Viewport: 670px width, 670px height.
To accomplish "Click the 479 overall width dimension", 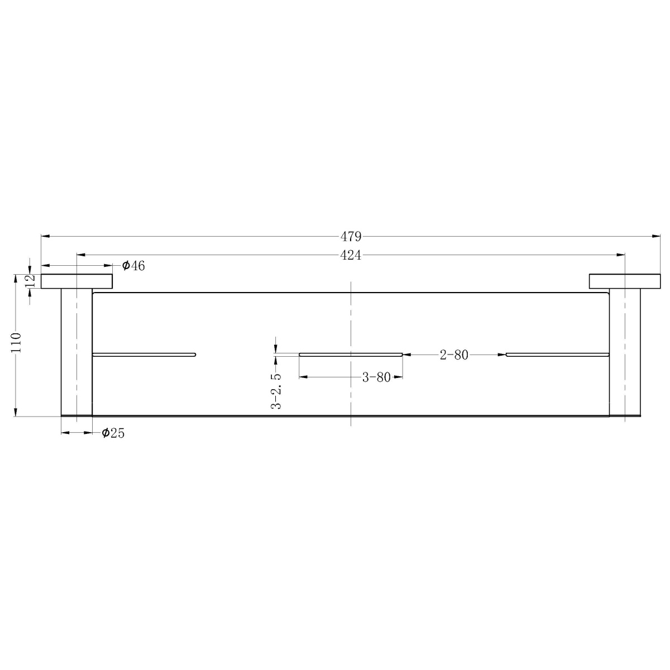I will click(351, 236).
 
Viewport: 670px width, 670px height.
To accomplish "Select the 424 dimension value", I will click(351, 255).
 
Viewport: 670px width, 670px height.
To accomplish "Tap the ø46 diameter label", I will click(133, 266).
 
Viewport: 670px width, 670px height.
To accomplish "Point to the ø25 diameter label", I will click(113, 433).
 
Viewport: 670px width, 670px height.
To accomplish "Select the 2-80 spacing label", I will click(454, 355).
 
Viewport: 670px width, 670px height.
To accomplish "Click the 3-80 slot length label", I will click(376, 377).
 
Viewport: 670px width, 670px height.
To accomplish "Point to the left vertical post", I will click(76, 352).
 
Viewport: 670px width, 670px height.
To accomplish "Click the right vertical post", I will click(625, 352).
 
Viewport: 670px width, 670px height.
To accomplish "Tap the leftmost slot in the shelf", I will click(144, 354).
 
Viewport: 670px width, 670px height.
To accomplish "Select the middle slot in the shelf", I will click(351, 354).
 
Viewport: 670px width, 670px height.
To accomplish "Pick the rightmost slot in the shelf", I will click(557, 354).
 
